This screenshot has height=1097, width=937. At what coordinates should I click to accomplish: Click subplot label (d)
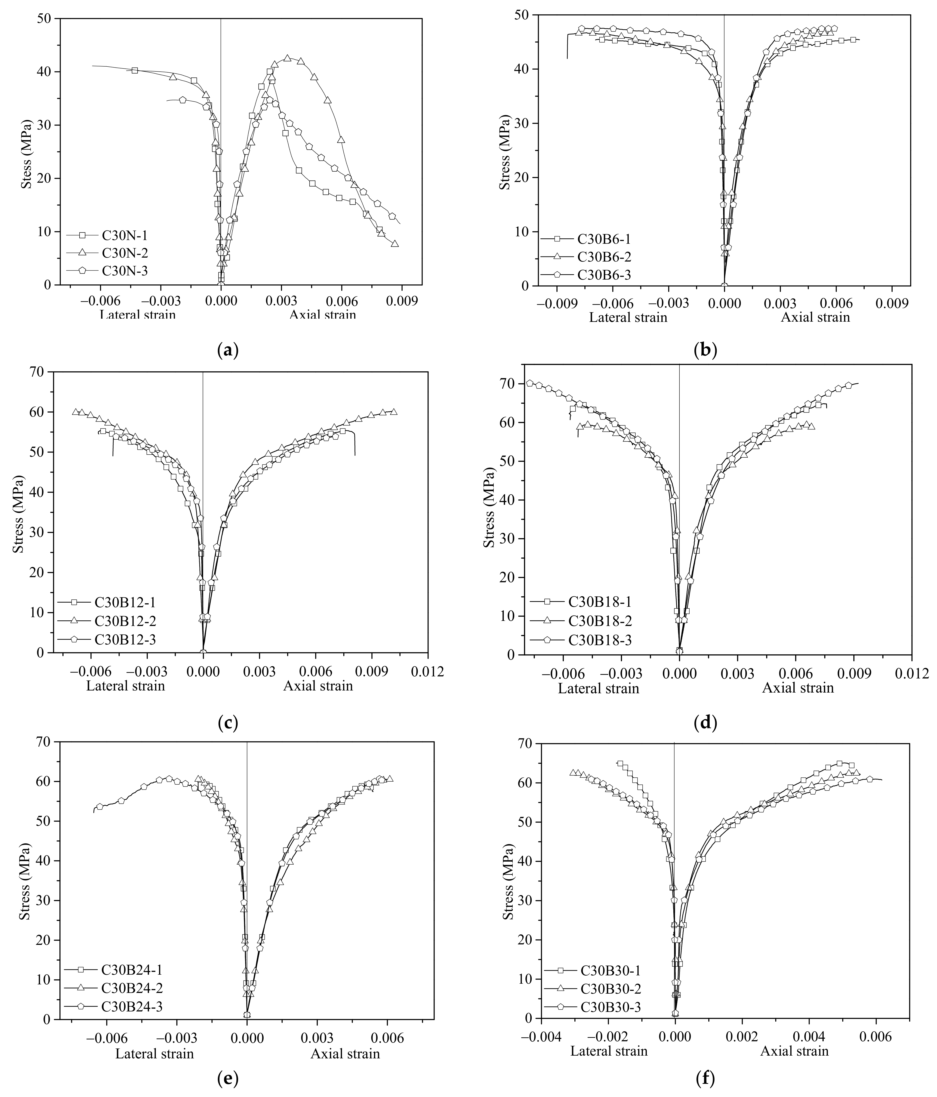point(705,722)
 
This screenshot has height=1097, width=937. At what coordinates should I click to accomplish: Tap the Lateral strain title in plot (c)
point(126,686)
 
